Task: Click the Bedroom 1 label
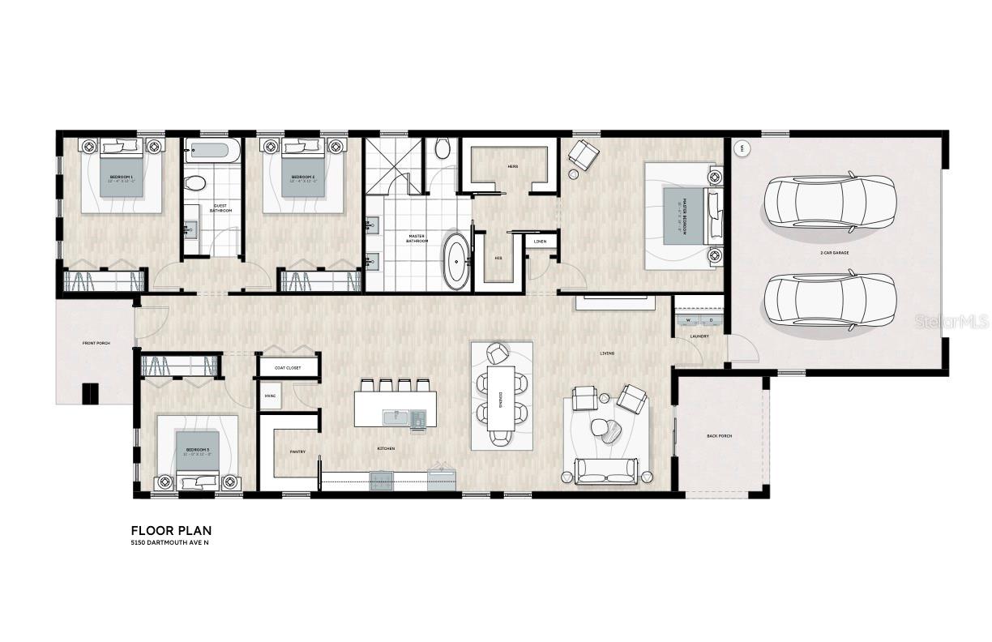coord(121,176)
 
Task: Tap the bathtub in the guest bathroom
coord(212,151)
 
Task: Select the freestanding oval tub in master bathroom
coord(455,262)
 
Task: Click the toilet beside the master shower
coord(443,148)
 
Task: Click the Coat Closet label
coord(288,367)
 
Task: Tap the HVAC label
coord(271,396)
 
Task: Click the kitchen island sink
coord(396,417)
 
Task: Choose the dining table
coord(501,398)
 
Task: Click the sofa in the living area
coord(606,471)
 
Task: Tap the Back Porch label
coord(719,436)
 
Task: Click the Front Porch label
coord(96,344)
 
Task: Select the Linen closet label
coord(541,242)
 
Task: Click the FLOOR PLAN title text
coord(171,530)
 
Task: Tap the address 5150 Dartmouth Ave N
coord(169,542)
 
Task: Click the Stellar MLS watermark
coord(951,322)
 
